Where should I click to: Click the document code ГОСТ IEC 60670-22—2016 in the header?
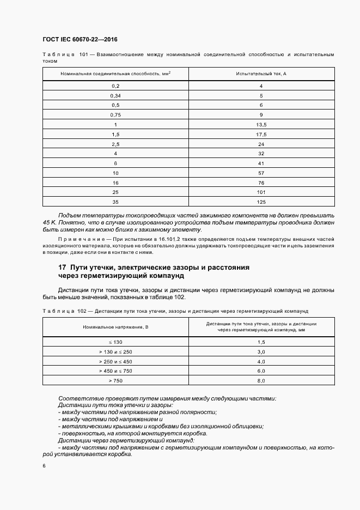click(x=80, y=39)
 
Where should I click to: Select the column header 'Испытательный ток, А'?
click(x=261, y=73)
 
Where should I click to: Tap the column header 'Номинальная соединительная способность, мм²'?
click(x=115, y=73)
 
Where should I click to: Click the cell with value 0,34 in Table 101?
click(x=115, y=95)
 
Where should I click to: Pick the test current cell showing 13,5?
click(x=261, y=125)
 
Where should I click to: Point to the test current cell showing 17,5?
click(x=261, y=134)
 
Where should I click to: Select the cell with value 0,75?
click(x=115, y=115)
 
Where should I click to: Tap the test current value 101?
click(x=261, y=193)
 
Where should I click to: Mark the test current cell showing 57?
click(x=261, y=173)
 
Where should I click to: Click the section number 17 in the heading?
click(x=63, y=268)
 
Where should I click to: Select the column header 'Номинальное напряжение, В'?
click(x=115, y=326)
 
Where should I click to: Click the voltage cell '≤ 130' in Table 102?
click(x=115, y=342)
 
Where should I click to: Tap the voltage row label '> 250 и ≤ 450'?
click(x=115, y=361)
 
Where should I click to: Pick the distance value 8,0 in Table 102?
click(x=261, y=380)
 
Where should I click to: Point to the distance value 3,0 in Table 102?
click(x=261, y=351)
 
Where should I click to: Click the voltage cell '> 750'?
click(x=115, y=380)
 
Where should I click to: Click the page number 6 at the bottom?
click(x=44, y=466)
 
